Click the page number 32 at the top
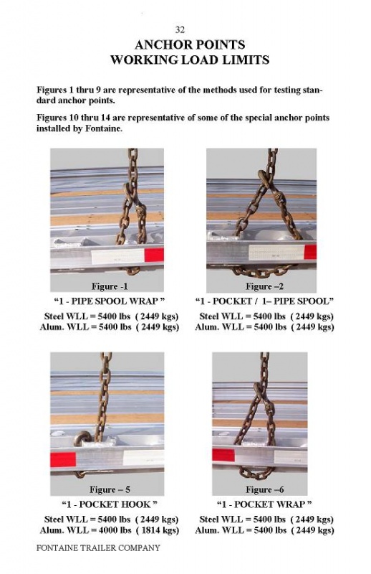180,29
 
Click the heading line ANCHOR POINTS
190,44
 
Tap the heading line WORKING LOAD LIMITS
190,60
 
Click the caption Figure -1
110,286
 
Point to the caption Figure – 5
110,489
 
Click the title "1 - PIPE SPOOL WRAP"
110,301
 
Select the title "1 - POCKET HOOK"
110,504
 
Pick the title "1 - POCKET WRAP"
264,504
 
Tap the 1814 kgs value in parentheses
158,530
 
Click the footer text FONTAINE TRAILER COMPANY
98,548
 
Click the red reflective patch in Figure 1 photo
154,255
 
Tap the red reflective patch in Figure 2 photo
310,253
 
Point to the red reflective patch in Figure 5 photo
63,459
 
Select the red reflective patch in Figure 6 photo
223,455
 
